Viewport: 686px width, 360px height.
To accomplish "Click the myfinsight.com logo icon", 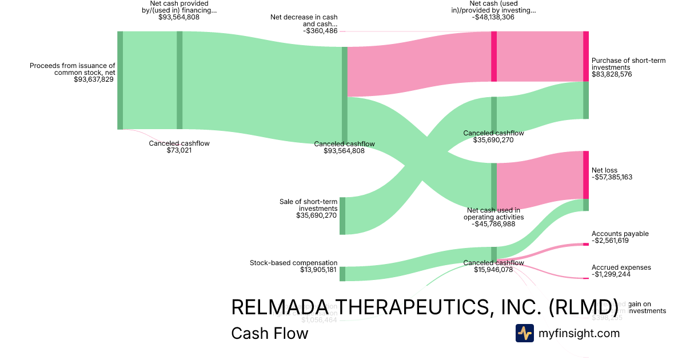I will click(x=525, y=333).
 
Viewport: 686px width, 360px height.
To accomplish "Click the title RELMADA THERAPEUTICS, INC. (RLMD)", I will click(x=424, y=307).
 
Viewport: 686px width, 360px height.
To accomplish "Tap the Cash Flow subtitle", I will click(x=269, y=333).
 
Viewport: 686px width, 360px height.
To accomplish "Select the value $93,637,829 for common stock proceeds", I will click(x=94, y=79).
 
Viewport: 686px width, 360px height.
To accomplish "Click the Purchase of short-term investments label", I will click(x=628, y=64).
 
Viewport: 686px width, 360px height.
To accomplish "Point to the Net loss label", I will click(x=604, y=170).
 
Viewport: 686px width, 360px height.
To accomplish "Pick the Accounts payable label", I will click(x=620, y=234).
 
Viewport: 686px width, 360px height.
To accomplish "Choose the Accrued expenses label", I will click(x=621, y=267).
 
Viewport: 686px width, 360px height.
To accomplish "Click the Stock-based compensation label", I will click(x=293, y=263).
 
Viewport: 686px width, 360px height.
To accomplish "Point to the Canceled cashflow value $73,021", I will click(x=179, y=150).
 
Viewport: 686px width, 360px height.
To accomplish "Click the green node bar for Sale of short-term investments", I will click(x=342, y=215).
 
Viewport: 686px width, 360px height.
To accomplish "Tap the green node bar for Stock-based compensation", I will click(x=342, y=274).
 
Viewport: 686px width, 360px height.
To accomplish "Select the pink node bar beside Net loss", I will click(x=585, y=175).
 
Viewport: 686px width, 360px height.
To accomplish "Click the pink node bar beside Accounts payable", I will click(x=585, y=245).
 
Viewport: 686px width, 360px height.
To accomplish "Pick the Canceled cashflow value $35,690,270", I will click(x=493, y=140).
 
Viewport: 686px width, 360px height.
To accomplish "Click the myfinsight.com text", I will click(x=579, y=333).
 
